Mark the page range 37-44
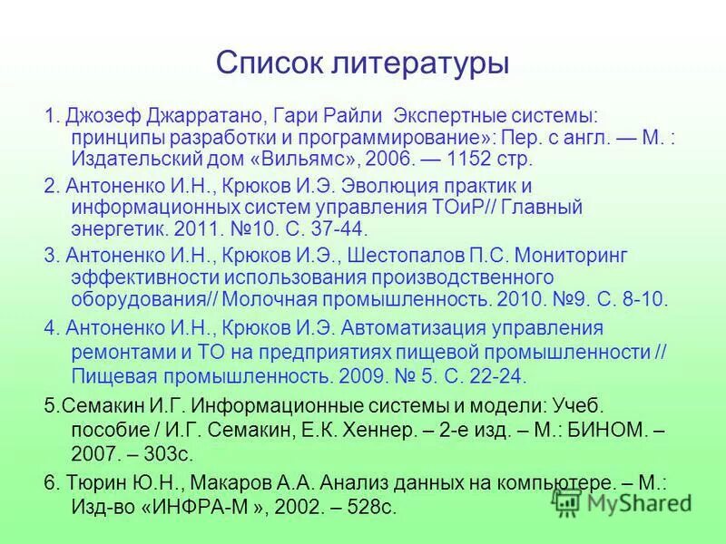(337, 228)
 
